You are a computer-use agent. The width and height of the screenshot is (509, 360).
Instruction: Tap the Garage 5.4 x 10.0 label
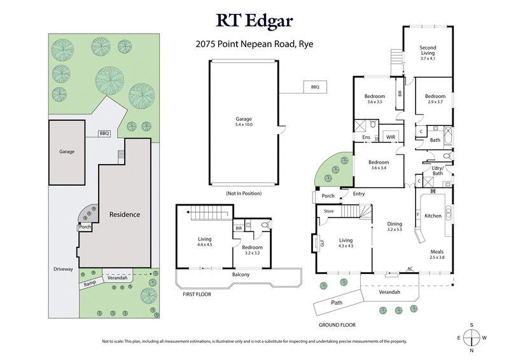point(244,121)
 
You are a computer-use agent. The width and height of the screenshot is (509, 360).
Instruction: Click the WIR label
point(390,137)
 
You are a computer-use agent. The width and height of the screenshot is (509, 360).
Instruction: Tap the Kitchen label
point(433,216)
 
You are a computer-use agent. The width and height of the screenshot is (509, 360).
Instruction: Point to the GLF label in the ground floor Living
point(322,243)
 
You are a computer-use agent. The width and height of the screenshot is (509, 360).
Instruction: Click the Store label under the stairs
point(328,211)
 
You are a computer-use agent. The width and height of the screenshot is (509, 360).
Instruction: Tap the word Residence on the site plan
point(124,214)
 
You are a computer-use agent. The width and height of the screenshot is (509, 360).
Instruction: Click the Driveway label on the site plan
point(64,269)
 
